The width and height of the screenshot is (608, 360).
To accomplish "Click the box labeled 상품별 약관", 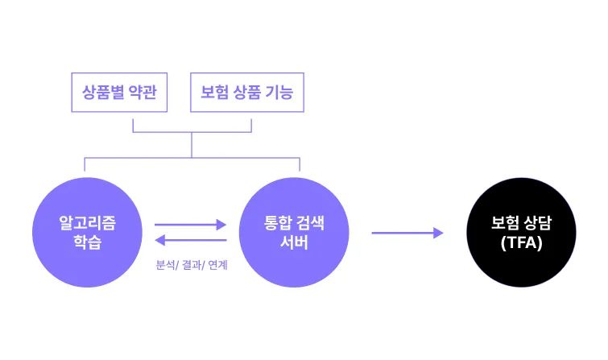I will pos(118,93).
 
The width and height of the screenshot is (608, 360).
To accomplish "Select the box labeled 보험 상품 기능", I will pos(247,93).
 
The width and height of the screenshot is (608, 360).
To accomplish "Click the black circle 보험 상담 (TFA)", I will pos(521,233).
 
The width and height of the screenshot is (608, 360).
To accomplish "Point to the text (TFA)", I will pos(521,242).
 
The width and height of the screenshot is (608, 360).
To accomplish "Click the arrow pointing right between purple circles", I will pos(191,226).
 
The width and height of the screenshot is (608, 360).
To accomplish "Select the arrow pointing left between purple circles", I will pos(191,240).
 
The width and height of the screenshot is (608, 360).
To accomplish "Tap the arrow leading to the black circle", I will pos(407,233).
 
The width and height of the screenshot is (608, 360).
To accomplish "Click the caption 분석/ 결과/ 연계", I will pos(192,265).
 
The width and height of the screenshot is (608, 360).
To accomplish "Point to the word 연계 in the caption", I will pos(217,265).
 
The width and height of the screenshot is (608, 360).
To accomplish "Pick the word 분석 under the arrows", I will pos(166,265).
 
